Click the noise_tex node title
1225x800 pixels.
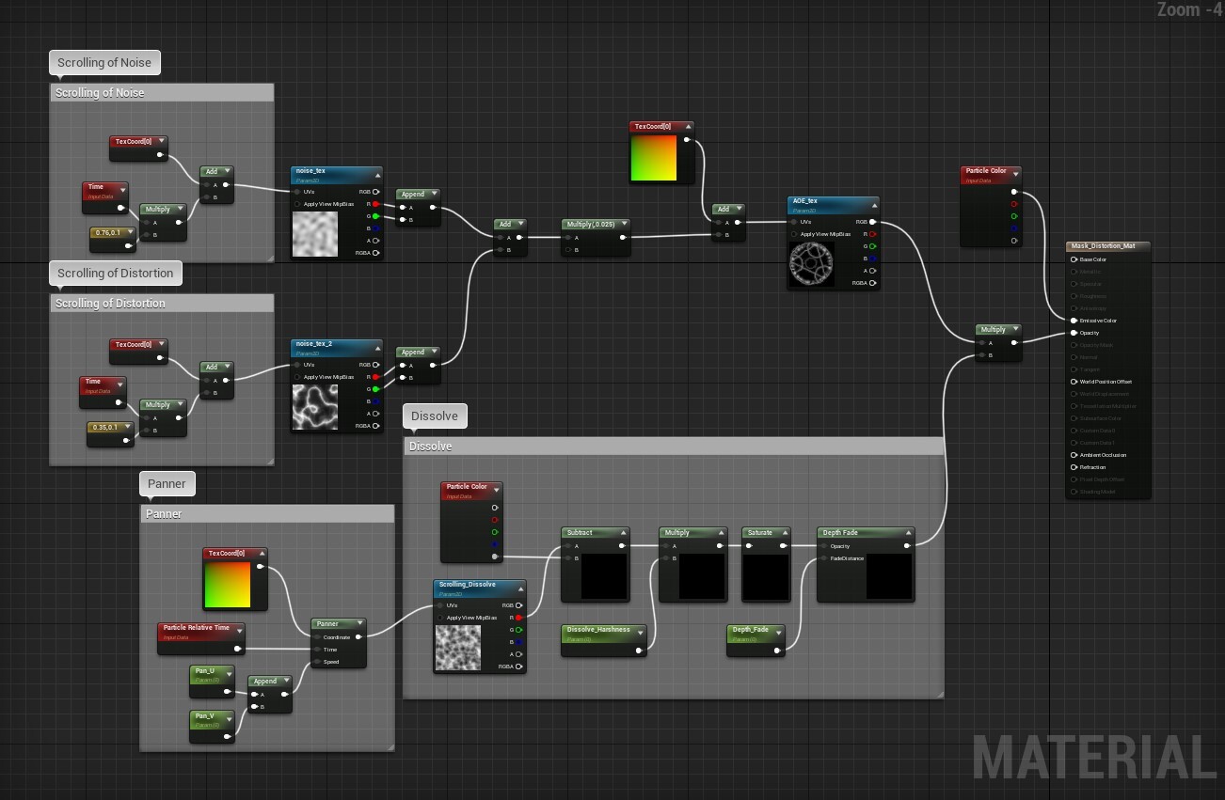tap(311, 171)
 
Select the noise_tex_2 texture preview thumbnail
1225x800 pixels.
tap(314, 407)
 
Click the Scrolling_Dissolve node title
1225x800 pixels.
tap(467, 585)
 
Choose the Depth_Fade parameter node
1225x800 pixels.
tap(751, 630)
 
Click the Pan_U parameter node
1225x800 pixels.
tap(205, 671)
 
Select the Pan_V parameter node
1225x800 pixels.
tap(205, 716)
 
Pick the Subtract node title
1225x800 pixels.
tap(580, 533)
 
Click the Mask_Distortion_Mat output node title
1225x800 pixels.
tap(1103, 246)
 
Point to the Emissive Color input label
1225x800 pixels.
tap(1098, 321)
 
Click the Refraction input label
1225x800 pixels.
tap(1092, 467)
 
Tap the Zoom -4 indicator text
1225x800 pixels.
tap(1189, 9)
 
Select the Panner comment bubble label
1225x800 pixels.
tap(167, 484)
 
